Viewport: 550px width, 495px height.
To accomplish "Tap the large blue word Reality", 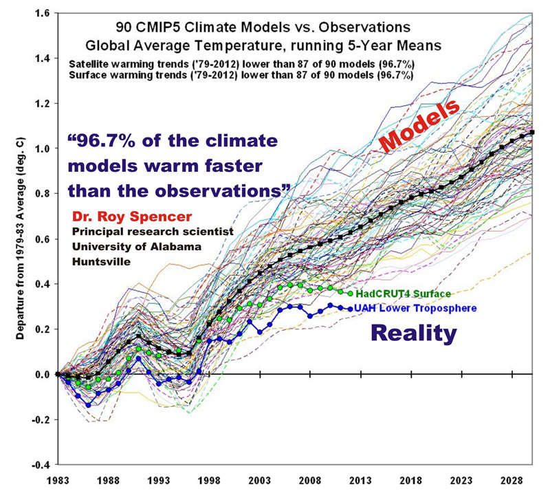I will tap(414, 334).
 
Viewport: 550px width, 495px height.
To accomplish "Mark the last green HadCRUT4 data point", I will tap(350, 294).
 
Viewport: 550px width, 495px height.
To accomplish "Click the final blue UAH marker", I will tap(350, 309).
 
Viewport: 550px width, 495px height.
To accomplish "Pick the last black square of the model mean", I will tap(532, 132).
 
